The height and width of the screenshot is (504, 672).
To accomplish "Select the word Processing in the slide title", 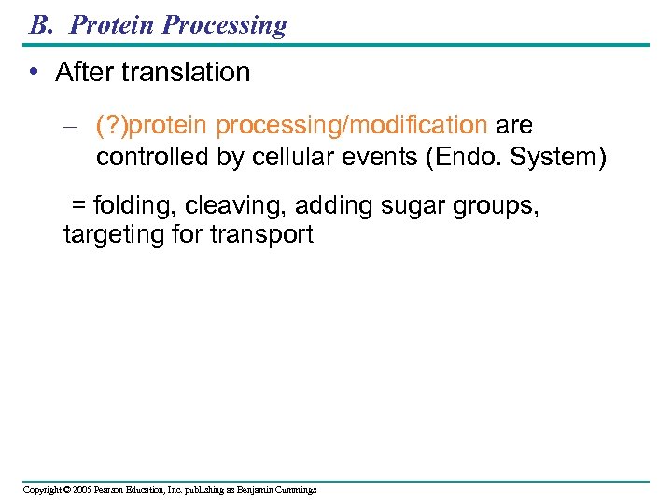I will tap(225, 24).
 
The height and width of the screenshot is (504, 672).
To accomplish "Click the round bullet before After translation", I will tap(35, 73).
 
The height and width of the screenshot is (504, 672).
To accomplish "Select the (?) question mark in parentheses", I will tap(112, 126).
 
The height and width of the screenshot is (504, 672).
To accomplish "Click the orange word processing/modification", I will tap(352, 126).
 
